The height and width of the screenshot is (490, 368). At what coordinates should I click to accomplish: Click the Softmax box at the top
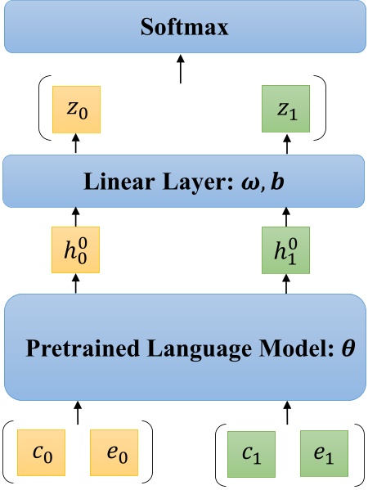[183, 27]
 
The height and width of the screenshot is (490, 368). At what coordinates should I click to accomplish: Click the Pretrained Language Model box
[183, 347]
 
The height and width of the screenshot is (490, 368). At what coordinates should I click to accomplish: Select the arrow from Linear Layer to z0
[76, 144]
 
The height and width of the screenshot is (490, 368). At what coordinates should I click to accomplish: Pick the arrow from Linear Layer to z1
[287, 144]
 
